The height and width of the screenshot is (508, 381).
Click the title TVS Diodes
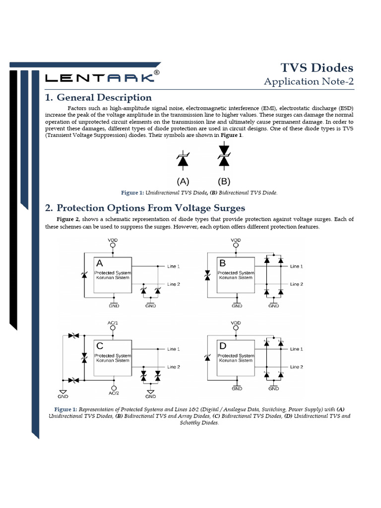[317, 67]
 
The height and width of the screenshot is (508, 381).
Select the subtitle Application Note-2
[309, 81]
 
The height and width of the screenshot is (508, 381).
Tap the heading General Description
[98, 97]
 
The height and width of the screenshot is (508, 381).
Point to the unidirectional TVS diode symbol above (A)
[183, 160]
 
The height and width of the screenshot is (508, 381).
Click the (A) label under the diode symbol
[183, 181]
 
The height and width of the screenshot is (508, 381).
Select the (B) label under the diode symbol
[224, 181]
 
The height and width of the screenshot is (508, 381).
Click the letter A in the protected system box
[100, 264]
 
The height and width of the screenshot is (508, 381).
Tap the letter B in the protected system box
[223, 263]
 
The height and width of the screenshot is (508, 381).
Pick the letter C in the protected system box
[100, 346]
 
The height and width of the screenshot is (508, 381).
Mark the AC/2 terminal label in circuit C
[114, 393]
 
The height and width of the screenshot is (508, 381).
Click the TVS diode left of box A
[84, 275]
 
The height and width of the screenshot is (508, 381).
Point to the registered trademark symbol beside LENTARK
[157, 72]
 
